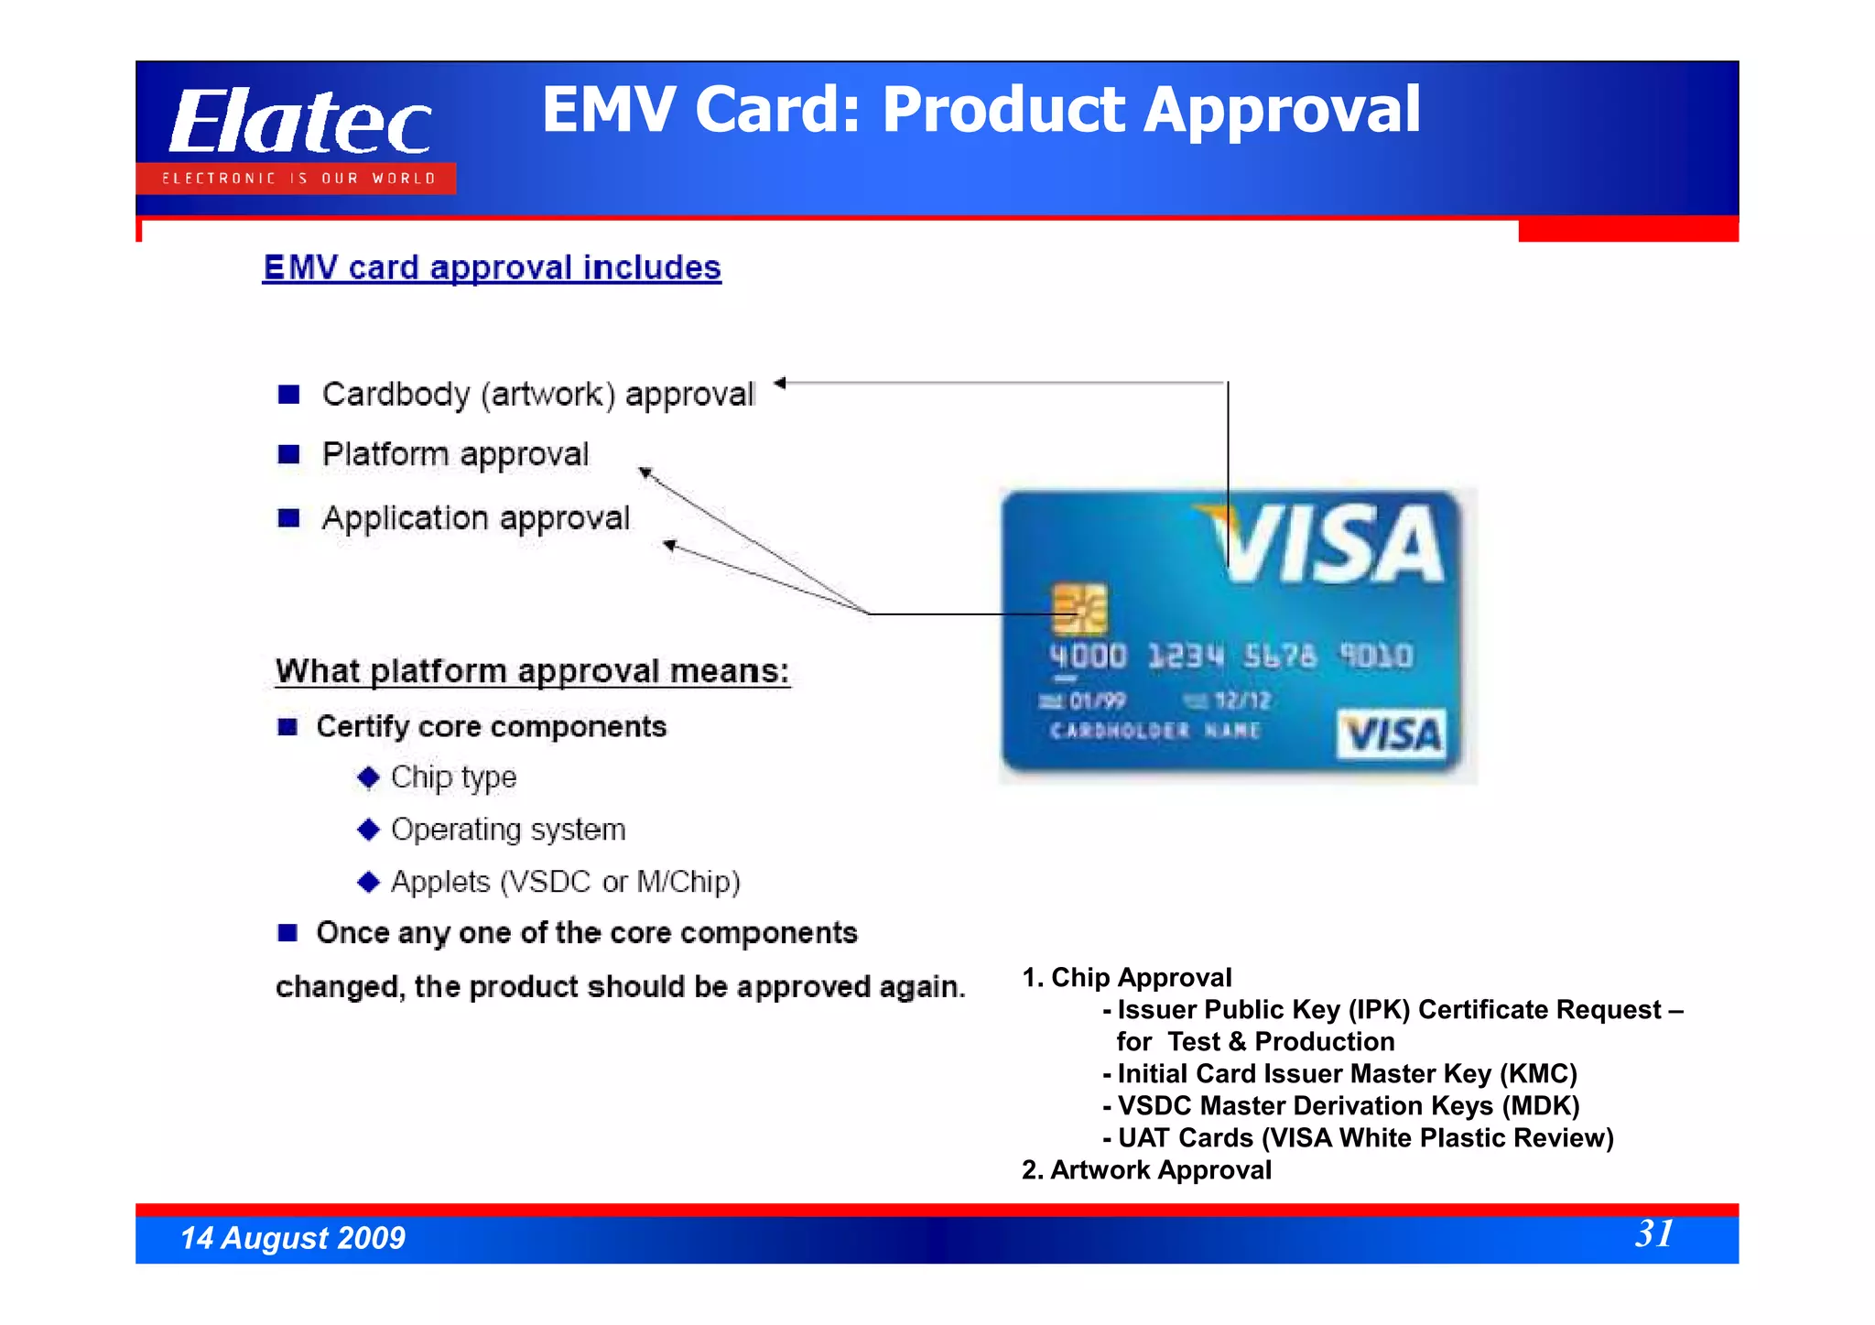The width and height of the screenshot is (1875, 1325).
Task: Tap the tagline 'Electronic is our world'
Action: [x=298, y=179]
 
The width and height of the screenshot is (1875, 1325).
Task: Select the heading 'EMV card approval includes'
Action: [x=492, y=268]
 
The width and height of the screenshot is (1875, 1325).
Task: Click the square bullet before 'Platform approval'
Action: [x=289, y=454]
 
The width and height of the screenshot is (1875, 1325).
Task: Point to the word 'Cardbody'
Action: [x=396, y=395]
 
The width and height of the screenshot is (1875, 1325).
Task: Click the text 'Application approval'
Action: [x=476, y=518]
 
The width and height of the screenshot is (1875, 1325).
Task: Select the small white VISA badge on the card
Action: [x=1392, y=733]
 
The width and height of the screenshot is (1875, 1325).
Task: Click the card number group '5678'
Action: [x=1279, y=657]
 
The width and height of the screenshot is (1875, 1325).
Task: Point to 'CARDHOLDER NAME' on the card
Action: [x=1154, y=731]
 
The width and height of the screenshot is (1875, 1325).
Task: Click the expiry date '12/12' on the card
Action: [x=1241, y=701]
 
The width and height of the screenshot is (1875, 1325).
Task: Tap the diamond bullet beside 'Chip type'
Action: [x=369, y=778]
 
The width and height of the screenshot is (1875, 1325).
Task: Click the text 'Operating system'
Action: [x=508, y=830]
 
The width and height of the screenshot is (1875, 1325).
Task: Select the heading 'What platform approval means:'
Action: [x=532, y=671]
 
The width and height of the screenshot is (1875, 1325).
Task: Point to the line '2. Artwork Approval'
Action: [x=1146, y=1170]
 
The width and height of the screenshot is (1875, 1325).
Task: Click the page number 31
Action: [x=1653, y=1233]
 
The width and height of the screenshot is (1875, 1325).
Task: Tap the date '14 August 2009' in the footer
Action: [x=293, y=1238]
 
